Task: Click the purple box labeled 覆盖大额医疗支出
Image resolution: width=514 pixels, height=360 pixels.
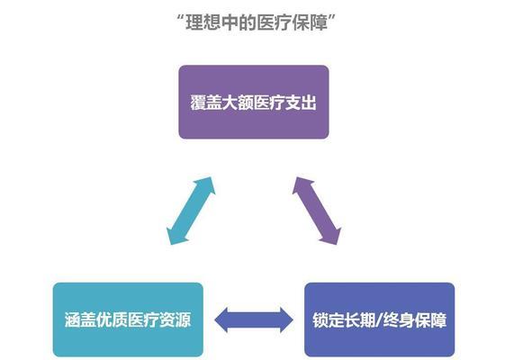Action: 253,102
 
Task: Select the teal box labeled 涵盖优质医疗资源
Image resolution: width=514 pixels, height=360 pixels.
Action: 128,319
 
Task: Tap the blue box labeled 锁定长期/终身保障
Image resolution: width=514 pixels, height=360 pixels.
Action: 379,319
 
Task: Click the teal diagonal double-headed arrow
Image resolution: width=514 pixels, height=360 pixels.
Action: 191,211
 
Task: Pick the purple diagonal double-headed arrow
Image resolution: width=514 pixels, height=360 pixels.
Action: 317,211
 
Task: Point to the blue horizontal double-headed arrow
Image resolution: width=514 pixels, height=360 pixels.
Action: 254,320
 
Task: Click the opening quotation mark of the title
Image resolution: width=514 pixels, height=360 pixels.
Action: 181,17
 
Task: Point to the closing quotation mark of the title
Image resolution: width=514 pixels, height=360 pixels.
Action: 332,17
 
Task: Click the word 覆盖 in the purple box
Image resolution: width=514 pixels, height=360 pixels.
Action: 206,103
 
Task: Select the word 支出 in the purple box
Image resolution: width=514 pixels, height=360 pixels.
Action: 301,103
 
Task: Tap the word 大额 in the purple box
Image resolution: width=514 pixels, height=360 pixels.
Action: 238,103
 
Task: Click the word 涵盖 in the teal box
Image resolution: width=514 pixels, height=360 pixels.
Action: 80,320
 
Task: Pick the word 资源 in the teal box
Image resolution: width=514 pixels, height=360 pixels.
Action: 175,320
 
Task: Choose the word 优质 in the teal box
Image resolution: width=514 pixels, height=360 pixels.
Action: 112,320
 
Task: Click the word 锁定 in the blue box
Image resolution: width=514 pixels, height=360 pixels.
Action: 329,320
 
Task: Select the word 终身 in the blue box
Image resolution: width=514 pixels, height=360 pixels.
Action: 398,320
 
